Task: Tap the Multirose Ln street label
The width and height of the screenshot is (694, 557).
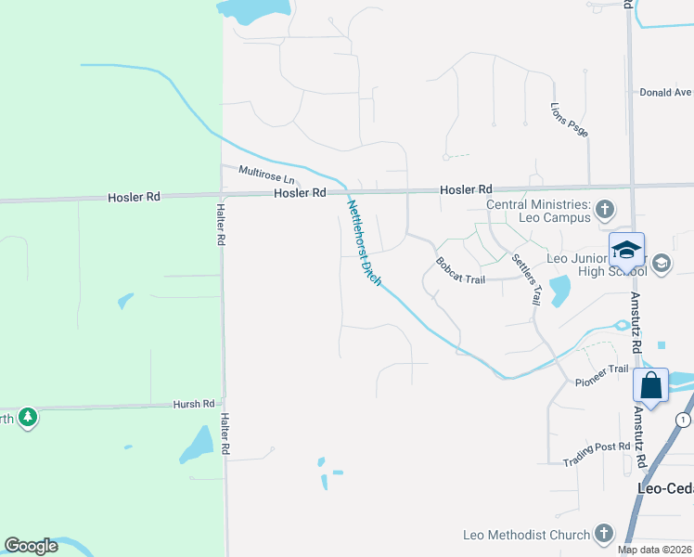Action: coord(266,175)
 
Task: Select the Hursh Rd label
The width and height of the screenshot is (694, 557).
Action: coord(194,404)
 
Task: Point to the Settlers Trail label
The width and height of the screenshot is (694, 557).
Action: coord(527,281)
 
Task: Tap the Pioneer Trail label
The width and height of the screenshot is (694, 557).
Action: coord(602,375)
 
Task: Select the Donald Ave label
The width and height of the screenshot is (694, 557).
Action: coord(665,93)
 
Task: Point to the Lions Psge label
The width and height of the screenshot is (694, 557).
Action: coord(570,120)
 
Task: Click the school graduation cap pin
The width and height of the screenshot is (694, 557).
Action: coord(626,250)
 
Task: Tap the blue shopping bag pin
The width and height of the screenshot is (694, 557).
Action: coord(651,384)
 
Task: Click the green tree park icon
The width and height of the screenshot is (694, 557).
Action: coord(28,417)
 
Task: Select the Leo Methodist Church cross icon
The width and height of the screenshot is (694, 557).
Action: coord(603,534)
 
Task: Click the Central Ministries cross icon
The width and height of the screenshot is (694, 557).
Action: coord(605,209)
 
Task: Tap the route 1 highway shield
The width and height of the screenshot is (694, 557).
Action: coord(685,420)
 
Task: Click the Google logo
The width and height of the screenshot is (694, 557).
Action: coord(32,546)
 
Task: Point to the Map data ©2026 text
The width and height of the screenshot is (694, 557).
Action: coord(655,550)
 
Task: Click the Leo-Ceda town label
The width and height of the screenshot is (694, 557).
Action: coord(665,487)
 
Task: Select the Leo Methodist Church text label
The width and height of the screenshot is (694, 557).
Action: coord(526,535)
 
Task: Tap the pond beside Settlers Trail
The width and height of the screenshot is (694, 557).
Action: coord(559,291)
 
